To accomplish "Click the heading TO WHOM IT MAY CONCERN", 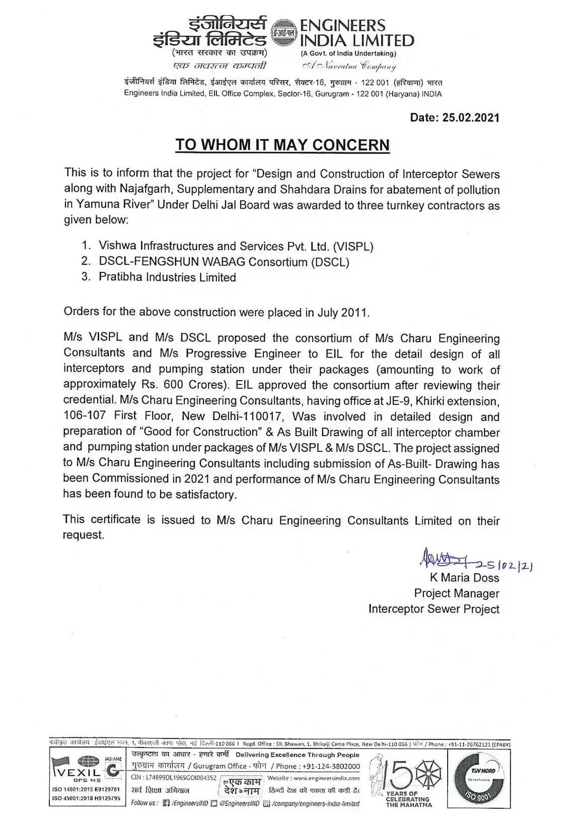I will [x=282, y=145].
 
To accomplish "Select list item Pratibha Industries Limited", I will [x=167, y=278].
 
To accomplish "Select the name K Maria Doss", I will [x=464, y=578].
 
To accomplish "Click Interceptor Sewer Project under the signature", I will [x=434, y=609].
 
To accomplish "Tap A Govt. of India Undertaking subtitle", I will [x=348, y=53].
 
